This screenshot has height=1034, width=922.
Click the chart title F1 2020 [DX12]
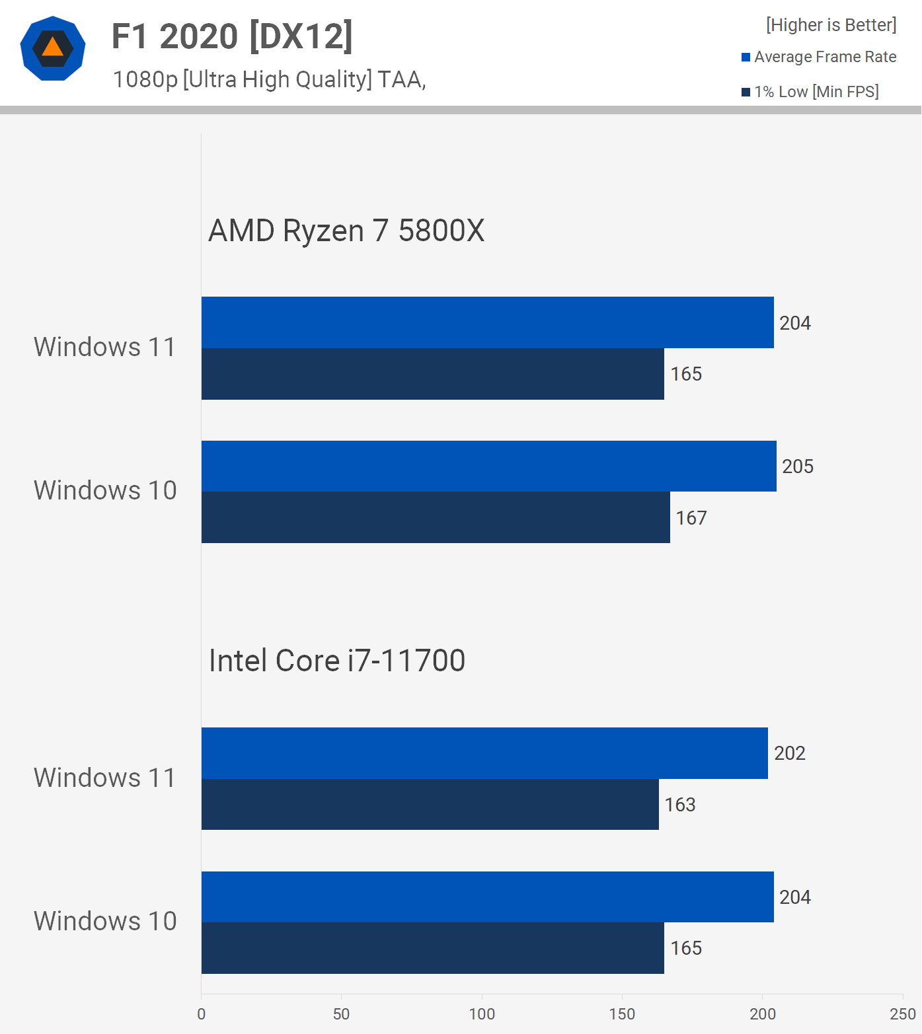pyautogui.click(x=232, y=36)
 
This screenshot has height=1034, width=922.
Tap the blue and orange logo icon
pyautogui.click(x=53, y=48)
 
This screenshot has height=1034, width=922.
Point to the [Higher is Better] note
pyautogui.click(x=831, y=25)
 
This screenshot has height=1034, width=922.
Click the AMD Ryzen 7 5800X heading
pyautogui.click(x=346, y=231)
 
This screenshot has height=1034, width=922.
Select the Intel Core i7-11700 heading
pyautogui.click(x=337, y=661)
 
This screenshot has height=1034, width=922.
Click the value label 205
pyautogui.click(x=798, y=466)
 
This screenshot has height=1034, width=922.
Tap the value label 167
pyautogui.click(x=691, y=518)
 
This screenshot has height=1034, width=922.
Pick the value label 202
pyautogui.click(x=790, y=753)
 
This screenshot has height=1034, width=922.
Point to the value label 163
pyautogui.click(x=680, y=805)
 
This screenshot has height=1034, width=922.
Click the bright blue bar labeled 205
pyautogui.click(x=488, y=466)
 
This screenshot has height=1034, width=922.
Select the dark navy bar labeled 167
pyautogui.click(x=436, y=517)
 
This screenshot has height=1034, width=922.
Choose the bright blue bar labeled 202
pyautogui.click(x=484, y=753)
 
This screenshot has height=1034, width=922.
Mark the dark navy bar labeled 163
pyautogui.click(x=430, y=805)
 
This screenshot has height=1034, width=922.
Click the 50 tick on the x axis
pyautogui.click(x=342, y=1014)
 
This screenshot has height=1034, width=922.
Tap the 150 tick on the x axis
pyautogui.click(x=622, y=1014)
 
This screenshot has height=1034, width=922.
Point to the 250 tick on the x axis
pyautogui.click(x=903, y=1014)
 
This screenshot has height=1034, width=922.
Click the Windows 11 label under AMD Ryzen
pyautogui.click(x=105, y=348)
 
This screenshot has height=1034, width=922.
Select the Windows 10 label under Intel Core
pyautogui.click(x=105, y=922)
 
